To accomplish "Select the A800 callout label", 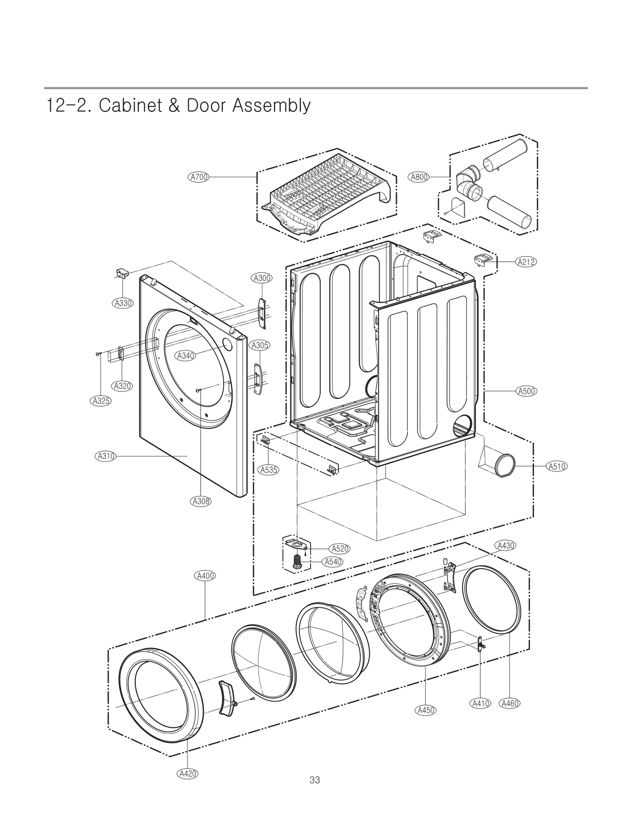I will click(419, 177).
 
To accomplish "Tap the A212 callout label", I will click(527, 262).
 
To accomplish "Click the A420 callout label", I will click(187, 773).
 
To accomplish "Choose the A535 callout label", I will click(269, 470).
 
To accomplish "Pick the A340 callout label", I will click(186, 356).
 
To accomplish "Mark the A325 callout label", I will click(101, 401).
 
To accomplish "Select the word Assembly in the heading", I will click(271, 106).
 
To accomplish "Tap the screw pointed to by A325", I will click(98, 355).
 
